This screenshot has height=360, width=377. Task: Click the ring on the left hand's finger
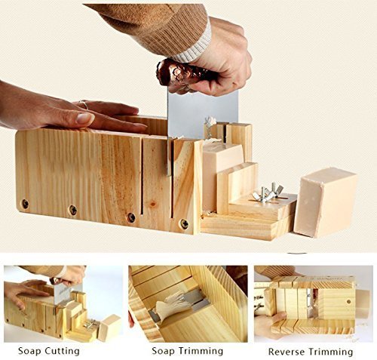(85, 105)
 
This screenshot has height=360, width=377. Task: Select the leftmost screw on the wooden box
(25, 204)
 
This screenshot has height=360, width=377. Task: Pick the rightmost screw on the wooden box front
(184, 223)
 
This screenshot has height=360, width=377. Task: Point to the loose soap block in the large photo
(326, 202)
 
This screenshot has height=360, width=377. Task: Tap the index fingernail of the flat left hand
(85, 118)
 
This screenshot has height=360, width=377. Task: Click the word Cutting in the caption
(63, 351)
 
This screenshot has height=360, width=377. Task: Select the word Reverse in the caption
(287, 352)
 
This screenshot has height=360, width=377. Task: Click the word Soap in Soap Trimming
(163, 351)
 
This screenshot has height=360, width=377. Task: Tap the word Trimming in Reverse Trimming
(331, 352)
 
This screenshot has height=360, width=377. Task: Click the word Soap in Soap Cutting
(29, 351)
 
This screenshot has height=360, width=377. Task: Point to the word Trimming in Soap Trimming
(201, 351)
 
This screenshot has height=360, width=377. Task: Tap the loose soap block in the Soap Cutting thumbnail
(109, 327)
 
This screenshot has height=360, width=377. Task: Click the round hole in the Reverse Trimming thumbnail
(348, 301)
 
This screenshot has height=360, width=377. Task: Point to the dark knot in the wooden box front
(152, 205)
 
